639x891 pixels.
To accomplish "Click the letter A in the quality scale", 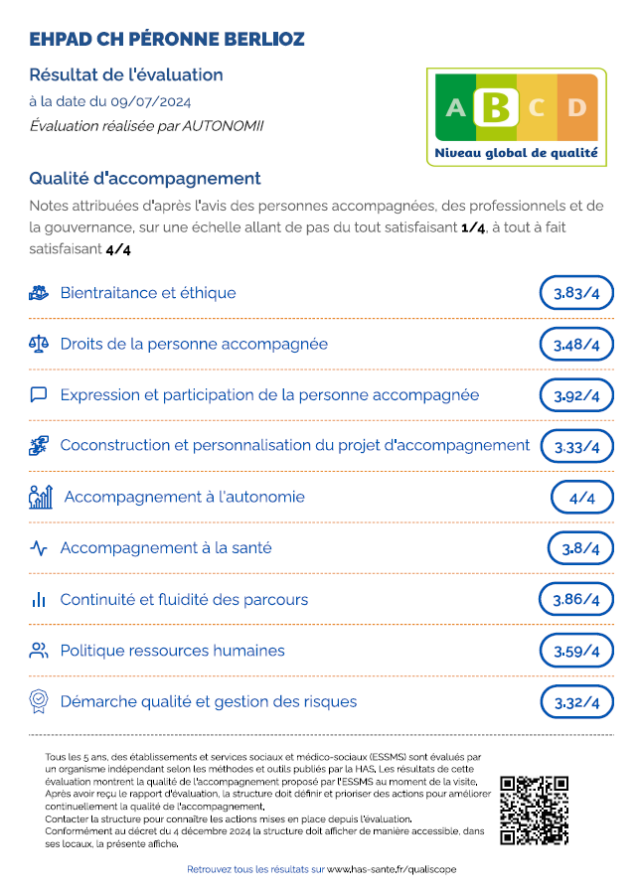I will pos(455,107).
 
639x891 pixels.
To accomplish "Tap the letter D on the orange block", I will pos(577,107).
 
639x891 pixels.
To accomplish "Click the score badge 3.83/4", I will pos(576,293).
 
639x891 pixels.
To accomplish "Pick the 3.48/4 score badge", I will pos(576,345).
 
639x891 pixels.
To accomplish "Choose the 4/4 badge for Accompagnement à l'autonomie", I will pos(581,497).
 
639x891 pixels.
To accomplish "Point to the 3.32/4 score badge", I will pos(576,702).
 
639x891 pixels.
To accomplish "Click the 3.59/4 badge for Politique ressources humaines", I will pos(576,652).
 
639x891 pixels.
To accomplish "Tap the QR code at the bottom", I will pos(534,810).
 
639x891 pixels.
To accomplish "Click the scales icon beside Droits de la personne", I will pos(39,344).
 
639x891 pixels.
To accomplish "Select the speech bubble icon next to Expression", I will pos(39,394).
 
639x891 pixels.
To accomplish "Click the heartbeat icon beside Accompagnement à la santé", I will pos(39,548).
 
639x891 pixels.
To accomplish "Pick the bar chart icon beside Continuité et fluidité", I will pos(39,600).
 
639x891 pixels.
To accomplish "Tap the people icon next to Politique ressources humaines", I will pos(39,651).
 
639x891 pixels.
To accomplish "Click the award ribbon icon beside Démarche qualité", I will pos(39,701).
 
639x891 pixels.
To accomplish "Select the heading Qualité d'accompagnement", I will pos(145,179).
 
